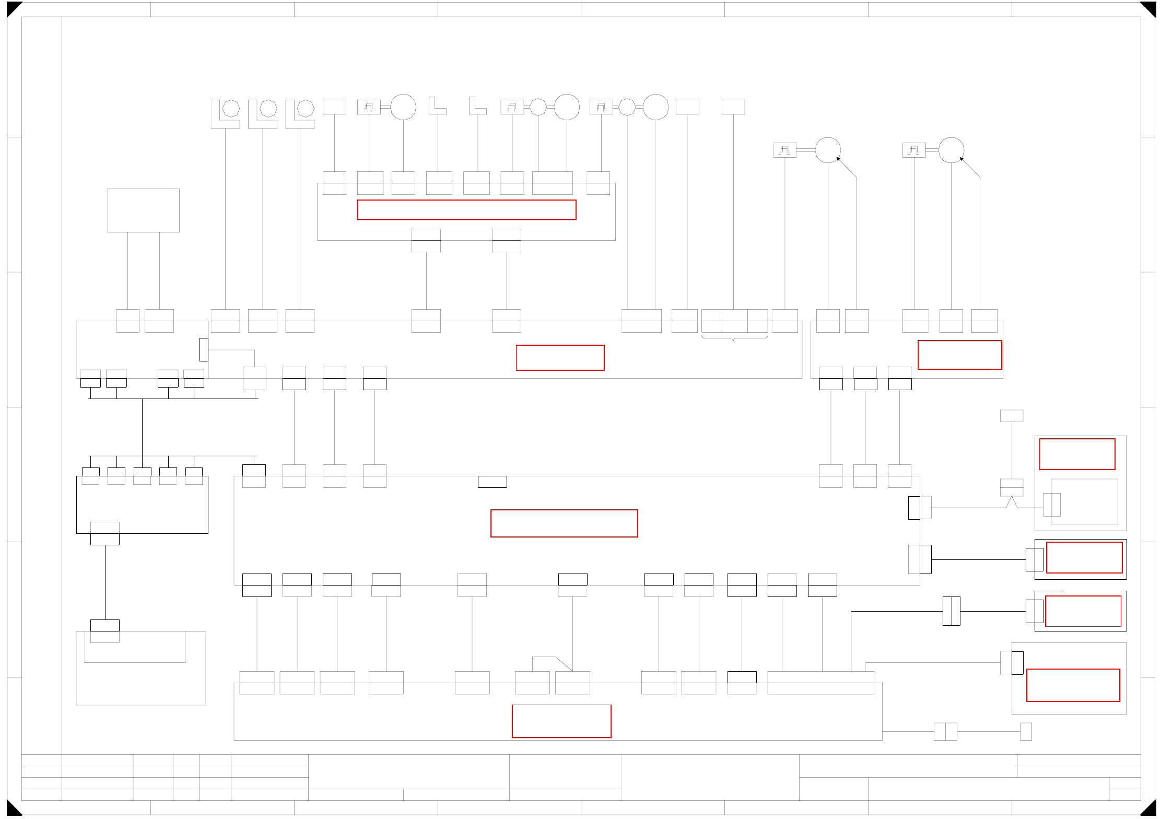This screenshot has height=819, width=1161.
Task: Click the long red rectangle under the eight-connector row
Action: point(466,210)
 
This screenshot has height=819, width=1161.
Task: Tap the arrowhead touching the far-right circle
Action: point(962,159)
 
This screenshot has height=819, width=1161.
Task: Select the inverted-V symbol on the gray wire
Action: point(1012,502)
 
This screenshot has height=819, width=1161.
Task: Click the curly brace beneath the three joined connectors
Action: point(734,338)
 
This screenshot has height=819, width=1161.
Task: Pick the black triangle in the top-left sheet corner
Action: point(13,8)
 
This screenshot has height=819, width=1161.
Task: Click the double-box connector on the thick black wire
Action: point(951,611)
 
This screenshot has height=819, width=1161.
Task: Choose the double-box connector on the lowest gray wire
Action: point(945,732)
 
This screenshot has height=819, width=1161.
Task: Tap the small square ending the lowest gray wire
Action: point(1026,732)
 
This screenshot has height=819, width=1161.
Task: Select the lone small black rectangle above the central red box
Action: point(492,482)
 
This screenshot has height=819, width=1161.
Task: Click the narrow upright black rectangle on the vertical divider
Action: point(204,349)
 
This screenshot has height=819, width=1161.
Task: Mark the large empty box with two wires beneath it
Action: point(144,210)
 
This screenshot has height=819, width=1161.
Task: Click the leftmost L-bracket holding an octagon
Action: point(225,113)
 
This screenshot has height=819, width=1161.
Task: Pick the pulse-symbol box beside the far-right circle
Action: point(914,150)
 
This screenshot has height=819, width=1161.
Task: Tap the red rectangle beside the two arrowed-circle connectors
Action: point(959,355)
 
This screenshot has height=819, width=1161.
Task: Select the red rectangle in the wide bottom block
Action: point(561,721)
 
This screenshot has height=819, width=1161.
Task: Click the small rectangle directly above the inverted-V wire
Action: point(1012,416)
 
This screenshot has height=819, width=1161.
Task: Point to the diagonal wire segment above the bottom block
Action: point(564,664)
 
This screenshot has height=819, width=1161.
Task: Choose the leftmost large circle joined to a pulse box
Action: point(403,107)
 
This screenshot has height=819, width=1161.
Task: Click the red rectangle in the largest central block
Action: point(564,523)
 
